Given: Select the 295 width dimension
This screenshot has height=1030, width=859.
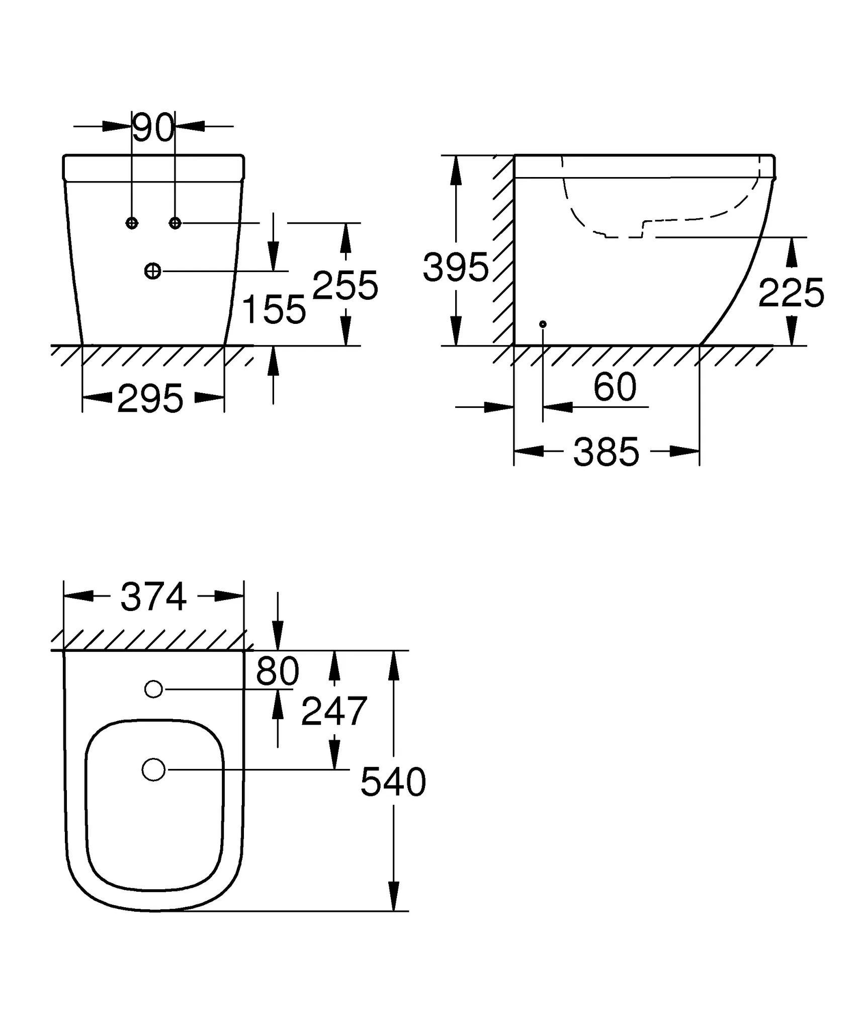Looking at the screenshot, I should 150,399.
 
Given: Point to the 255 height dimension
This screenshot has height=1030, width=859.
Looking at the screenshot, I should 345,285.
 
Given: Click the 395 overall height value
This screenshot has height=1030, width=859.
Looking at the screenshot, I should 455,267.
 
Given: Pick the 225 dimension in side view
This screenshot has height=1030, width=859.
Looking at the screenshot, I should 791,293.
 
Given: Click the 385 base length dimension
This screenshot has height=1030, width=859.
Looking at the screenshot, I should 606,452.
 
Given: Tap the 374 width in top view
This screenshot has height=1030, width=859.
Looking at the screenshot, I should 153,597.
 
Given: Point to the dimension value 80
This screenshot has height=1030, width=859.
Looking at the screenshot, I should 277,671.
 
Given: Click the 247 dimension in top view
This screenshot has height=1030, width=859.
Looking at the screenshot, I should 334,711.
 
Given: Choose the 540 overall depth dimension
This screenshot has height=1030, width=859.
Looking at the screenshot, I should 393,782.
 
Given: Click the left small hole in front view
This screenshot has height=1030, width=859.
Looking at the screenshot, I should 132,223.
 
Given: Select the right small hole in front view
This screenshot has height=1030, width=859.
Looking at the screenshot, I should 175,223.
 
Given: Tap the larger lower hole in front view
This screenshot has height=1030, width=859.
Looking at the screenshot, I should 153,272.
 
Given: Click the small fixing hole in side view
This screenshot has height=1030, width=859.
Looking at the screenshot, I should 543,324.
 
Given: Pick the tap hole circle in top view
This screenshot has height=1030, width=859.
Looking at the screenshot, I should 153,690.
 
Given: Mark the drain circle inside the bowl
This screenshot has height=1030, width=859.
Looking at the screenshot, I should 153,769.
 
